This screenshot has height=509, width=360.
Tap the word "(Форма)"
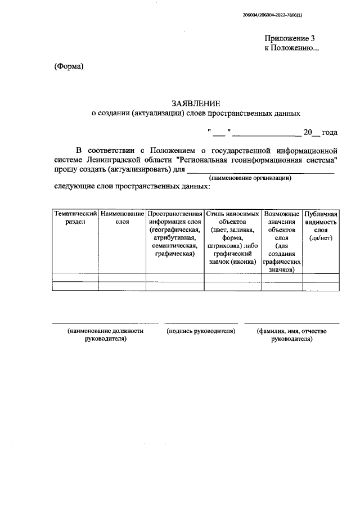coord(69,67)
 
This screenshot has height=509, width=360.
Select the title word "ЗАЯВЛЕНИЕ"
coord(192,103)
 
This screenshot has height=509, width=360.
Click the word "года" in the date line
coord(329,133)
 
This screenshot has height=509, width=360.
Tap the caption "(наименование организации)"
coord(250,178)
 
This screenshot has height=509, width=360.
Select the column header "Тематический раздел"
coord(75,218)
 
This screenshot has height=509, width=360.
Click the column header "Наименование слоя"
coord(122,218)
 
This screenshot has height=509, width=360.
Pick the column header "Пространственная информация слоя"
coord(174,218)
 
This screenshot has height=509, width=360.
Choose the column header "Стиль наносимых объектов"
coord(232,218)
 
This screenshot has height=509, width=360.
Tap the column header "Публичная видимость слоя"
coord(321,222)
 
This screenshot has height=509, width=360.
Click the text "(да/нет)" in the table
coord(321,238)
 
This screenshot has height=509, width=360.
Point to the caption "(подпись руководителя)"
coord(201,331)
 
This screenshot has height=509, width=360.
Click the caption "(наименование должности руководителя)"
coord(105,335)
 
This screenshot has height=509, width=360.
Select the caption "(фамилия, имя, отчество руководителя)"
coord(291,335)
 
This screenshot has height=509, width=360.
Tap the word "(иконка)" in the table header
coord(243,262)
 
